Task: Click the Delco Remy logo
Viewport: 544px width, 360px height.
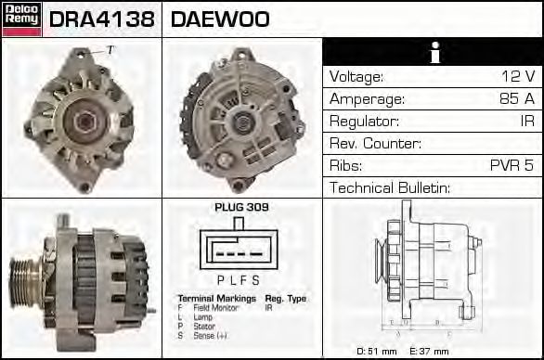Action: coord(21,19)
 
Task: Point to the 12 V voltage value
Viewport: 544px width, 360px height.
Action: coord(518,77)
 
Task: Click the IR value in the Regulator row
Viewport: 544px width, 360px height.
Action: coord(526,122)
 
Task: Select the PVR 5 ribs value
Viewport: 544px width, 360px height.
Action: coord(512,166)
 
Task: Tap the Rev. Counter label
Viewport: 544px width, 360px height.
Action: coord(375,144)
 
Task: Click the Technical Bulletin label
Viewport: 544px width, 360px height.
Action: coord(389,188)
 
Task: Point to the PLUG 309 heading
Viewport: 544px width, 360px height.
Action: coord(240,207)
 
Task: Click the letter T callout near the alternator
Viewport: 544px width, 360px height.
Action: coord(110,49)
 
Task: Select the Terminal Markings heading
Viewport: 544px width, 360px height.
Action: coord(216,298)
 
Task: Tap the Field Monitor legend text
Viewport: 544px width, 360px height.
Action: coord(215,306)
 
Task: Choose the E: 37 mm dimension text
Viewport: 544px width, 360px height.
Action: coord(428,351)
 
